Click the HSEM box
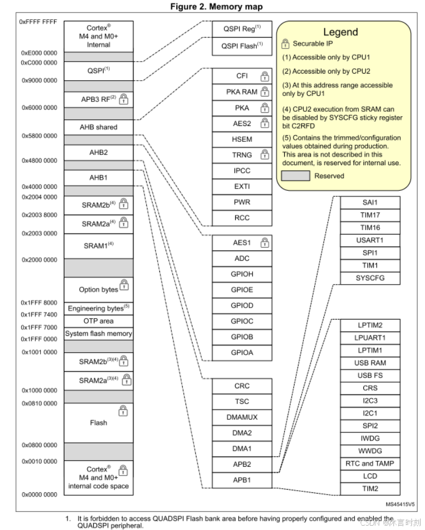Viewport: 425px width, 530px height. pos(242,139)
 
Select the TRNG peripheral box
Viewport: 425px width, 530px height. pos(242,155)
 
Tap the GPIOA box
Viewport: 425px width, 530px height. pos(242,352)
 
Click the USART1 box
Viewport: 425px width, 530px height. pos(370,240)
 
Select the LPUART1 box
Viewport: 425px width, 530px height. pos(370,338)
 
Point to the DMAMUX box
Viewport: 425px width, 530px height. pos(242,417)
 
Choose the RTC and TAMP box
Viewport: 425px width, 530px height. pos(370,463)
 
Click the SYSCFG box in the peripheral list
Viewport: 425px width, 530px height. pos(370,278)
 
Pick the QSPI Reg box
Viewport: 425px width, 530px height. pos(242,29)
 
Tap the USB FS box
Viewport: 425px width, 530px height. pos(370,375)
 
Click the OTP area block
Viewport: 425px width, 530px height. pos(98,321)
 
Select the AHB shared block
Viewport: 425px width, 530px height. pos(98,127)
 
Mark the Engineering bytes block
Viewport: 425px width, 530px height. pos(98,308)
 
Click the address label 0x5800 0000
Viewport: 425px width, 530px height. pos(39,135)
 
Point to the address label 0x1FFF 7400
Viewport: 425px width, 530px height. pos(39,315)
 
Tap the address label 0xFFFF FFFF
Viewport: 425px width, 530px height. pos(38,22)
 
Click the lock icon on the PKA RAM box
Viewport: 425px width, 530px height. pos(265,92)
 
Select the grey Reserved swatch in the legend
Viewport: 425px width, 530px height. pos(296,176)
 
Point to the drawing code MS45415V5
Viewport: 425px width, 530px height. pos(400,504)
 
